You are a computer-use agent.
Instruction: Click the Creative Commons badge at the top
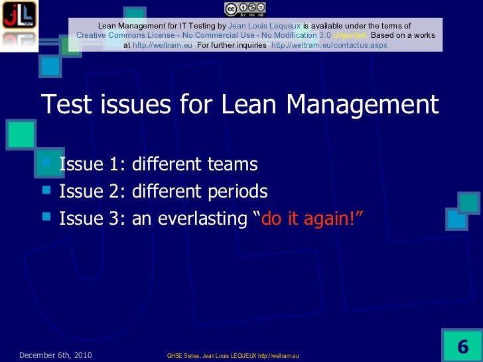pos(245,8)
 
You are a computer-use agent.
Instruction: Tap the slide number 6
pos(462,347)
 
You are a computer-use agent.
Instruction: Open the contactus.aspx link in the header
pos(330,45)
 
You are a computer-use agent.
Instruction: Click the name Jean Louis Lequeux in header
pos(264,25)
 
